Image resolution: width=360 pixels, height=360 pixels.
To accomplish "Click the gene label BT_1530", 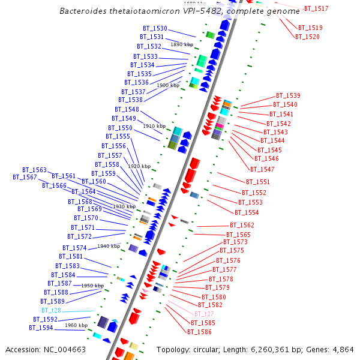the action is [155, 29].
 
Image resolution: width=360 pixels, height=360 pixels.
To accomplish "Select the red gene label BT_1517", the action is [316, 9].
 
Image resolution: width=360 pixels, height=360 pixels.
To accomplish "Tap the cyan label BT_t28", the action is [51, 311].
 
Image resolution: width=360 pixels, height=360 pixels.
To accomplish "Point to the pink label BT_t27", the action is [204, 314].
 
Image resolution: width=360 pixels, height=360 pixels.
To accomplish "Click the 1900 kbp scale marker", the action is [168, 86].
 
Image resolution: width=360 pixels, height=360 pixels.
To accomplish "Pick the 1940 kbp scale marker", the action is [109, 246].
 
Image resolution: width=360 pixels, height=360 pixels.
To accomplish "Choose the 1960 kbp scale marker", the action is [76, 325].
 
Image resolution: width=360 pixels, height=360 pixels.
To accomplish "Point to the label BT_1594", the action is [41, 328].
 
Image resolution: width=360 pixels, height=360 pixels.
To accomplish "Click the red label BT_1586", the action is [199, 332].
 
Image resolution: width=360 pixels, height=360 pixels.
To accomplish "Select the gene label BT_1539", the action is [288, 96].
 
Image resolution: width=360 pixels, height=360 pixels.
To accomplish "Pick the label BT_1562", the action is [242, 226].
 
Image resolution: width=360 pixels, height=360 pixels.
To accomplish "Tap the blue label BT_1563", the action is [34, 170].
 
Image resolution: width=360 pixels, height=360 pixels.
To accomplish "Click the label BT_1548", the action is [127, 110].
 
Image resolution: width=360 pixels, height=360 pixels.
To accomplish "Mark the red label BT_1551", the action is [258, 182].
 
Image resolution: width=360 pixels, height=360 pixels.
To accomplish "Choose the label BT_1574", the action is [74, 248].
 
